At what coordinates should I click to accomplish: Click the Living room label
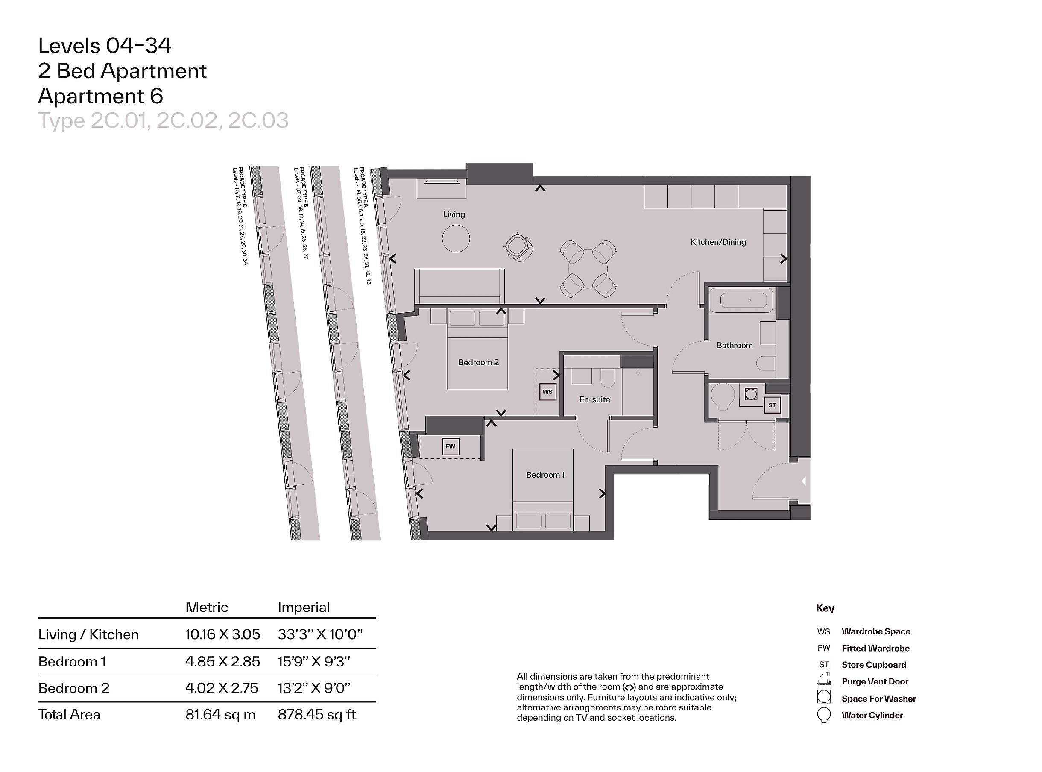[x=454, y=214]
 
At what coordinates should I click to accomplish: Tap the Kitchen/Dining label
[x=718, y=242]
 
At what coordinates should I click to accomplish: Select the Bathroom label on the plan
[x=735, y=345]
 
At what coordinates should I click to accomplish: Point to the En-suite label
[x=594, y=399]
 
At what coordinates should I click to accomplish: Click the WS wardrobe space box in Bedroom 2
[x=548, y=392]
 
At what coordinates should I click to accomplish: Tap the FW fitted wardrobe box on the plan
[x=450, y=446]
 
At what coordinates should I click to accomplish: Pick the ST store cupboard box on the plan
[x=772, y=405]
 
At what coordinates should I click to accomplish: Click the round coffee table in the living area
[x=456, y=238]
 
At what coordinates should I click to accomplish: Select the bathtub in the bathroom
[x=741, y=300]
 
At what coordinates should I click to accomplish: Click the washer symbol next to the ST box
[x=751, y=394]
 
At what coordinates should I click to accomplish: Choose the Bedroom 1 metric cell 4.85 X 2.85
[x=222, y=662]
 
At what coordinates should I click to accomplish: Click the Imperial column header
[x=304, y=607]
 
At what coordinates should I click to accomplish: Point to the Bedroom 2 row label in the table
[x=74, y=688]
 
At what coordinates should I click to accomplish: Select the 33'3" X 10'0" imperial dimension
[x=320, y=634]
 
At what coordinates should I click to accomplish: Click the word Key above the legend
[x=825, y=608]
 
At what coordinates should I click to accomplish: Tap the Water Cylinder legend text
[x=872, y=715]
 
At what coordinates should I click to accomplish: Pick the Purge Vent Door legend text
[x=875, y=681]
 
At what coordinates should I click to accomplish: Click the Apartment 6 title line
[x=100, y=96]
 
